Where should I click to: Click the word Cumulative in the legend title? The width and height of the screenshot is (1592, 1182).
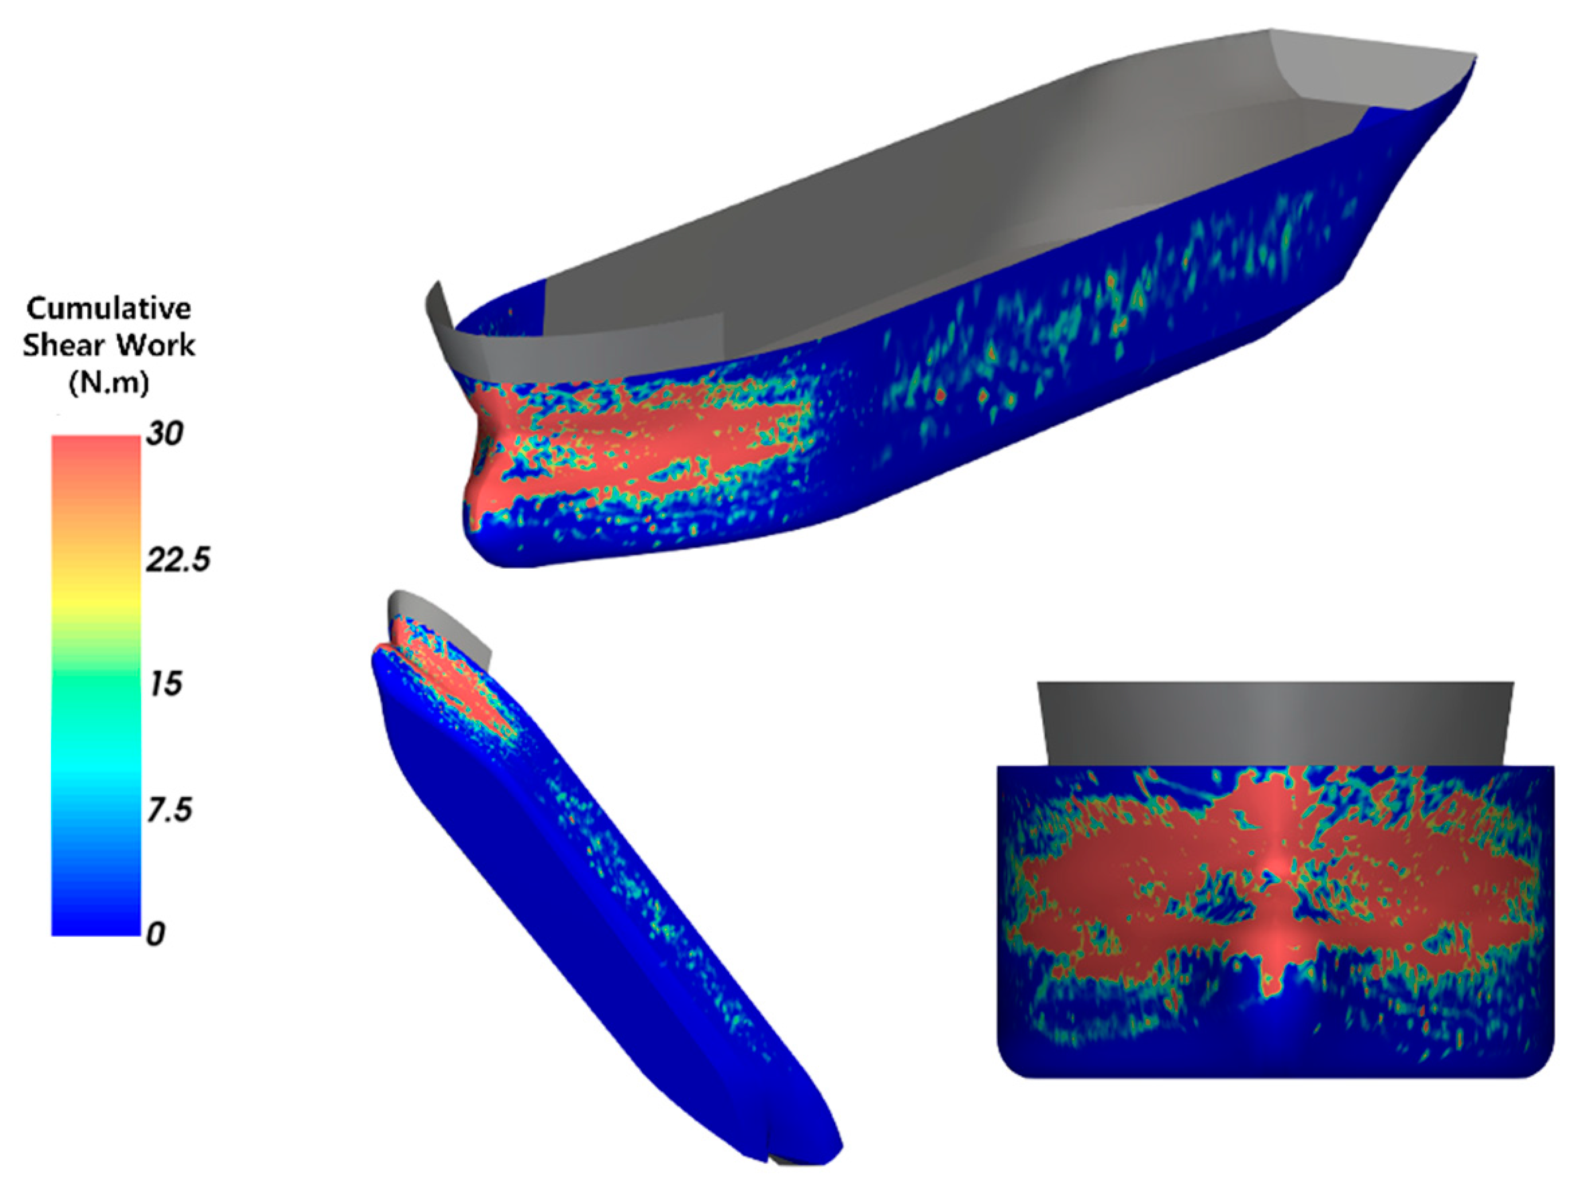tap(109, 309)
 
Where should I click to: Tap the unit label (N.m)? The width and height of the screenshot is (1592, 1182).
tap(109, 383)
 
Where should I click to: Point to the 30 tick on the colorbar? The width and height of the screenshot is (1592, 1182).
tap(165, 434)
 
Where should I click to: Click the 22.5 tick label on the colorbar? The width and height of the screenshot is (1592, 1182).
tap(178, 559)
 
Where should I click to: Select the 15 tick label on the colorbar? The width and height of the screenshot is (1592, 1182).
tap(165, 684)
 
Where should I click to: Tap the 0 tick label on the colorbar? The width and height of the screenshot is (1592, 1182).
tap(156, 934)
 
